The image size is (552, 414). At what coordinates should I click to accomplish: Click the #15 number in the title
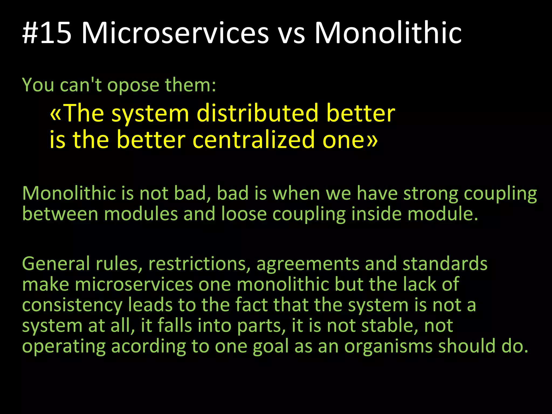click(47, 33)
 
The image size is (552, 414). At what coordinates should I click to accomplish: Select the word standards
click(445, 264)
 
